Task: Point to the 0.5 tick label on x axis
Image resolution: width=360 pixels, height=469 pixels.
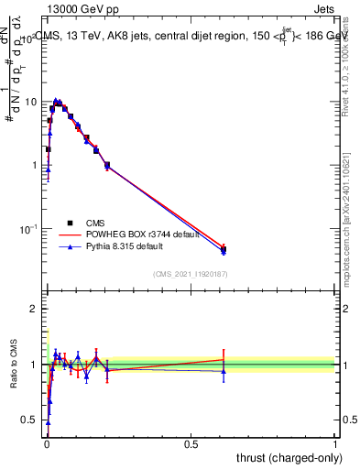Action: pyautogui.click(x=191, y=443)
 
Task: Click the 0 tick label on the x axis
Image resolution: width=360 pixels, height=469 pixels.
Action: pyautogui.click(x=47, y=443)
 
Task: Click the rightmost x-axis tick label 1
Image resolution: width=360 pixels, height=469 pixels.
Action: pyautogui.click(x=335, y=443)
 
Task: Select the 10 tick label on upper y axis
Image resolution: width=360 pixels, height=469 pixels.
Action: pyautogui.click(x=30, y=102)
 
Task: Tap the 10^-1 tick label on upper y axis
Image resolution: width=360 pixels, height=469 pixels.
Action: pyautogui.click(x=28, y=228)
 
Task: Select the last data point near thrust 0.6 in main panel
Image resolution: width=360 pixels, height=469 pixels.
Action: pyautogui.click(x=224, y=248)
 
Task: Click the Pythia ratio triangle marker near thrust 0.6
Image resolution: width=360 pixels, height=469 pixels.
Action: pyautogui.click(x=224, y=371)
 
